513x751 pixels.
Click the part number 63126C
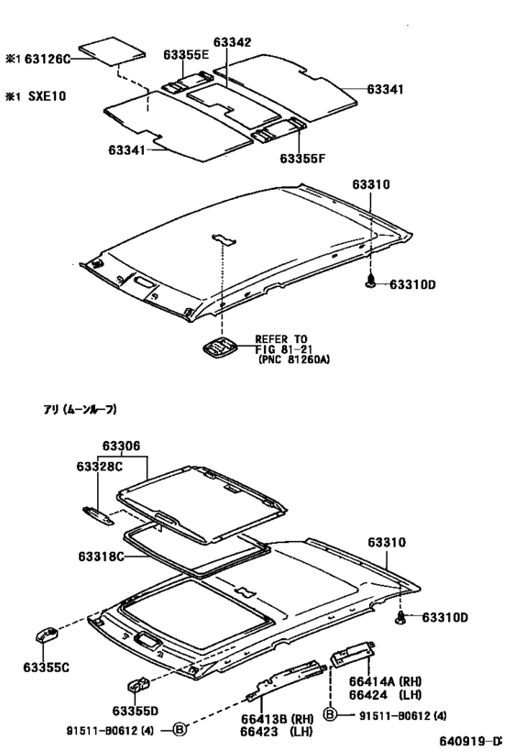47,59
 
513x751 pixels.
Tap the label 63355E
186,55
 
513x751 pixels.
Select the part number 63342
232,42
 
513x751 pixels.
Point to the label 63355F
302,158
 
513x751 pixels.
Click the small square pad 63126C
112,50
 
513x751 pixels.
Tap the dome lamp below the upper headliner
220,347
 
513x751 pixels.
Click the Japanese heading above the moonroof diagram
80,410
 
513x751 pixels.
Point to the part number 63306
121,447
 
